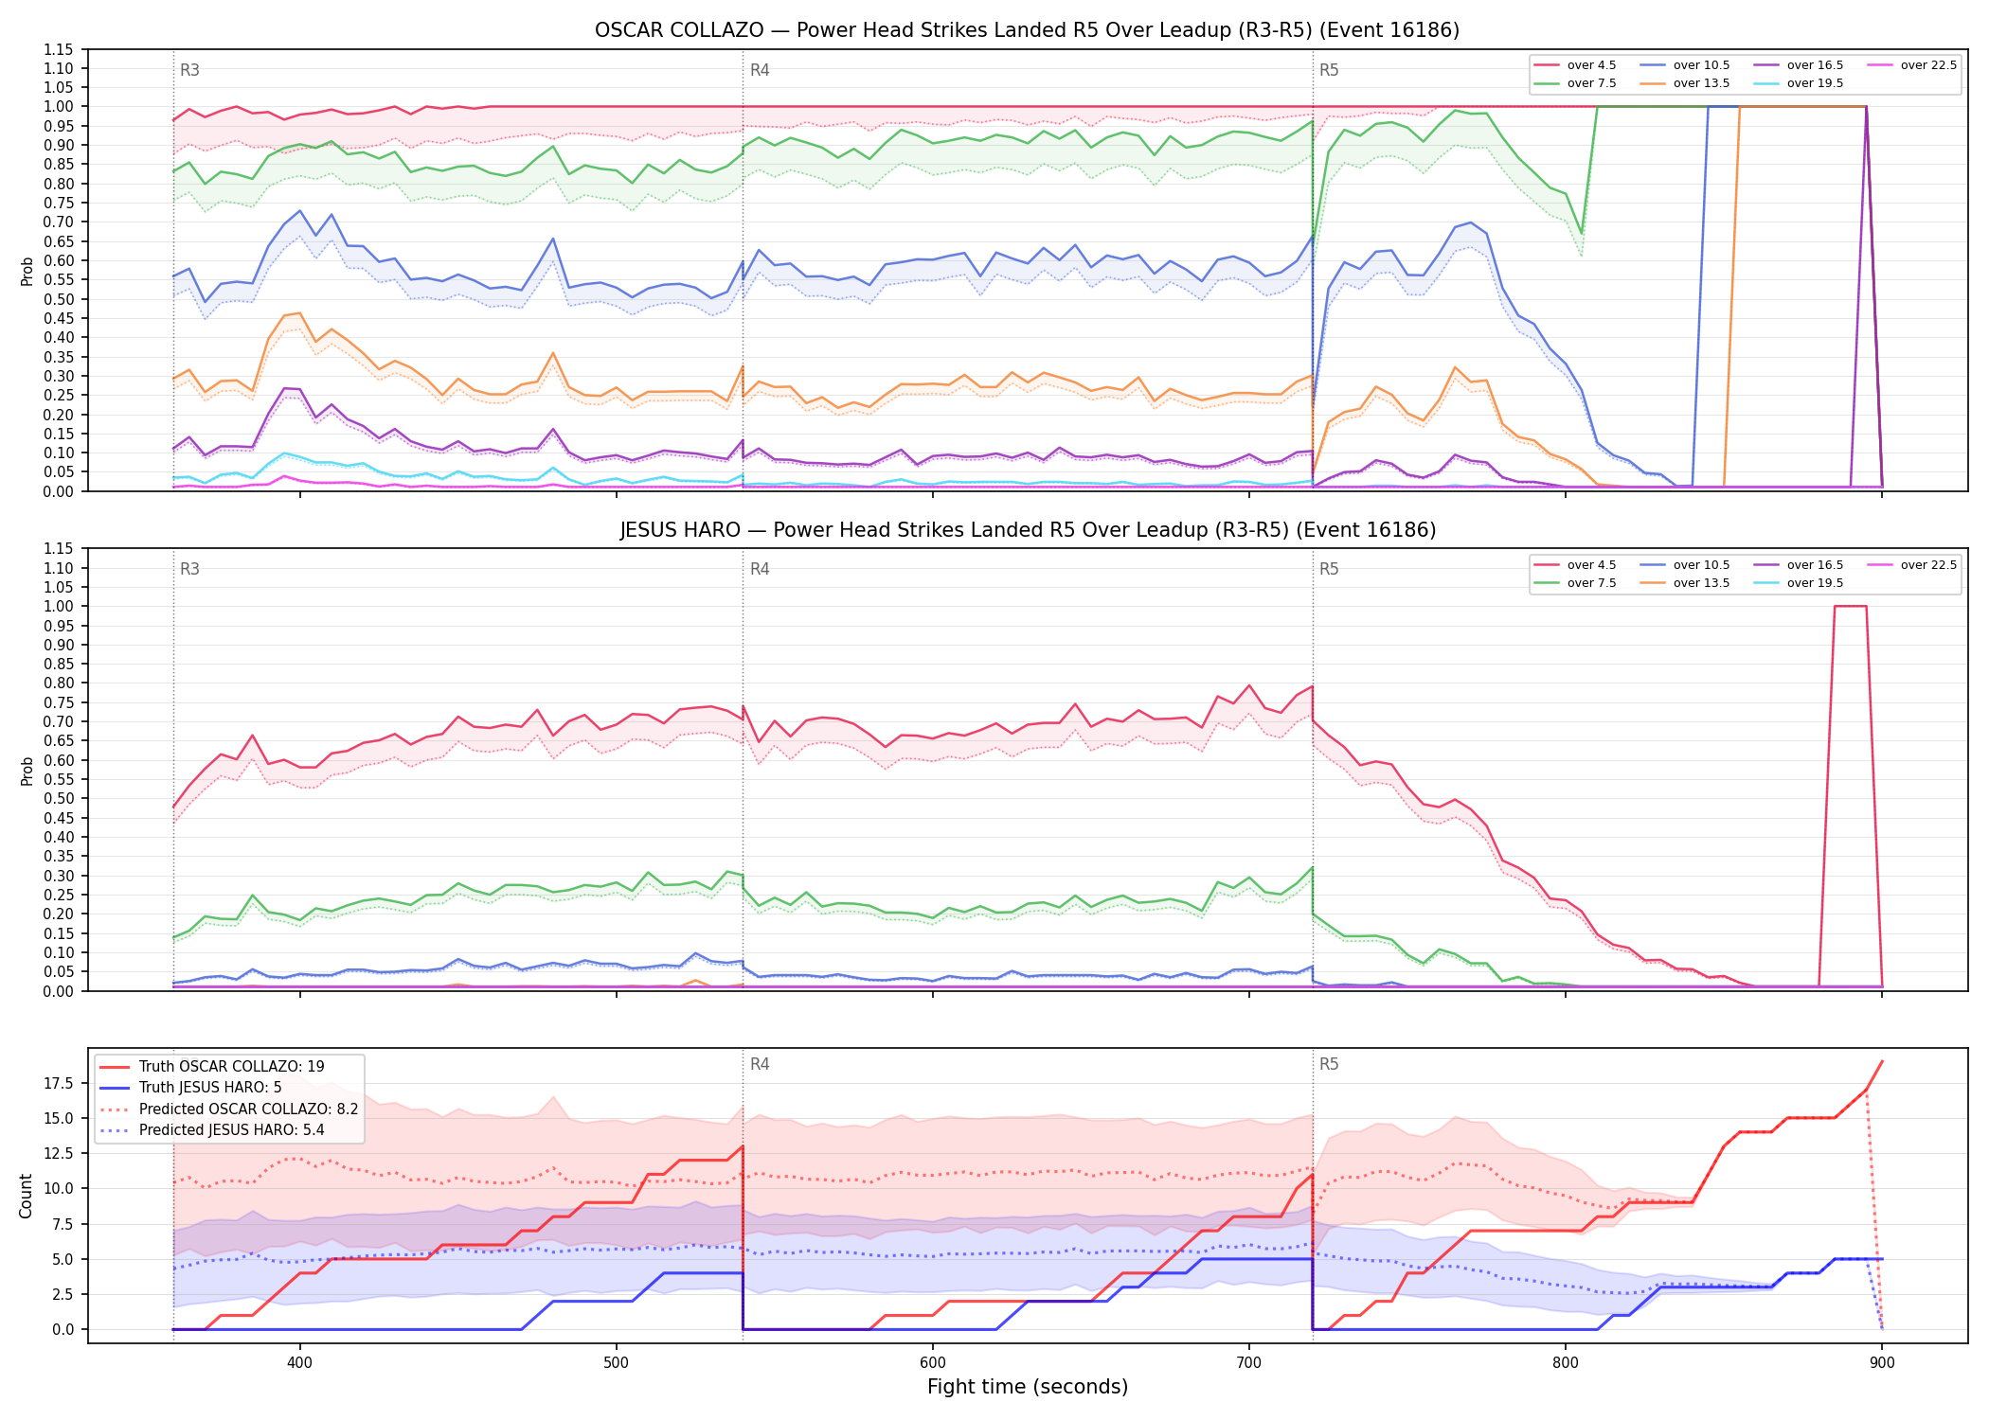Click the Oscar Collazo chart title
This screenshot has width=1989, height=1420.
[x=1027, y=30]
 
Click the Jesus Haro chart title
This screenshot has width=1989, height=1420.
[x=1028, y=530]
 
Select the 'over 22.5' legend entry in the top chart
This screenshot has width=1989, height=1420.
[x=1911, y=65]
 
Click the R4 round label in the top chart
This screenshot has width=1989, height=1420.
[x=760, y=70]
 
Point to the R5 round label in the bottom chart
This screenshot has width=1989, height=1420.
[x=1329, y=1064]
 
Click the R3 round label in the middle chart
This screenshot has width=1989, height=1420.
[x=189, y=569]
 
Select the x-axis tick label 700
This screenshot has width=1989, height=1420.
[x=1248, y=1362]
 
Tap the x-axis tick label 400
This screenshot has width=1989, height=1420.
[x=299, y=1362]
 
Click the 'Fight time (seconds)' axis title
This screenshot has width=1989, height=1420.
[x=1028, y=1387]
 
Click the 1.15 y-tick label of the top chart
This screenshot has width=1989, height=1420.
[x=58, y=49]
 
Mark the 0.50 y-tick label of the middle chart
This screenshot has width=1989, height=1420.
[x=58, y=799]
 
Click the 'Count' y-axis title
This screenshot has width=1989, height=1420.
[x=26, y=1196]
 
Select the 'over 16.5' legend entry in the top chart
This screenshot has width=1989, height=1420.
[x=1798, y=65]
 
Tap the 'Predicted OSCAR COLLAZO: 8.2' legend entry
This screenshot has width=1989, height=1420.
[x=228, y=1109]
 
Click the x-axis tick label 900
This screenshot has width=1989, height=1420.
[x=1881, y=1362]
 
